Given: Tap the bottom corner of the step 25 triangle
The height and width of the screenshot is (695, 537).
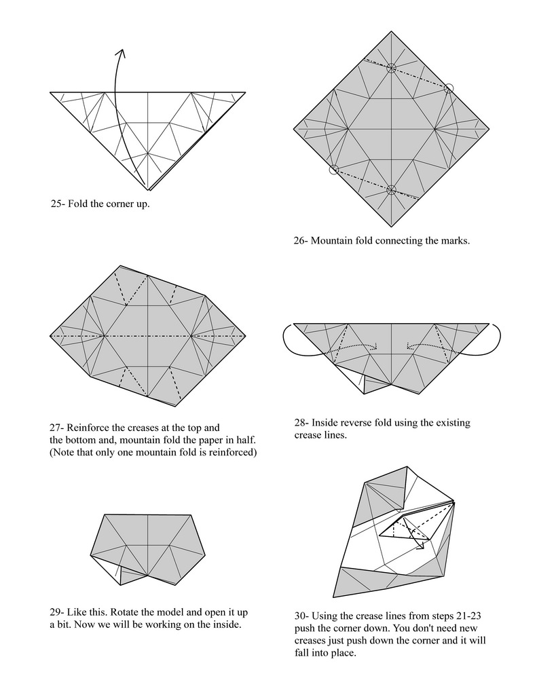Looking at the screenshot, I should [x=147, y=190].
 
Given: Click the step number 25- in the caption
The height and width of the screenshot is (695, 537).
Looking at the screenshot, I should [x=58, y=204].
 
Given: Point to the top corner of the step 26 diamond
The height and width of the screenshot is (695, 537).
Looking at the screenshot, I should [x=391, y=31].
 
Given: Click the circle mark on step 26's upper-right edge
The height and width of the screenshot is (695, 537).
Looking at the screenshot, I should [x=448, y=88].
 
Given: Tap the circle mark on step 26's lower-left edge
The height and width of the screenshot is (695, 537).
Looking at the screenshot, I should [x=333, y=170].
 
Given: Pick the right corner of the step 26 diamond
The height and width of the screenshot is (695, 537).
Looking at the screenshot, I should [x=488, y=128].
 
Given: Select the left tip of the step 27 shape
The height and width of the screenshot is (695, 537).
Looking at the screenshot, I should [x=51, y=335].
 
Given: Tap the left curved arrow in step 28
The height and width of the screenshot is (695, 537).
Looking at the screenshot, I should [x=289, y=339].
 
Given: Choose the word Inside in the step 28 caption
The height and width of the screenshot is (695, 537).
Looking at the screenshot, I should [x=327, y=423].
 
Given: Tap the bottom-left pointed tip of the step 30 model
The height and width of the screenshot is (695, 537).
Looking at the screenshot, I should [x=335, y=596].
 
